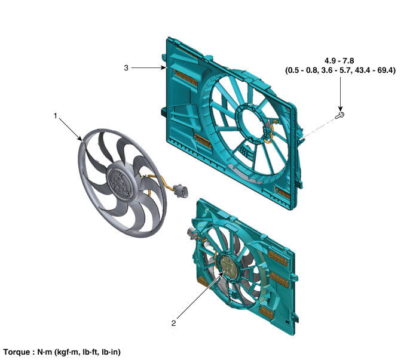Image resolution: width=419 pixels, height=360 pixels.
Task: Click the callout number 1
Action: pyautogui.click(x=56, y=116)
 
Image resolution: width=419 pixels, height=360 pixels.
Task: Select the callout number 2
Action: pyautogui.click(x=174, y=323)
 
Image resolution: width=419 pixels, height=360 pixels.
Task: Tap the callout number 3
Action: pyautogui.click(x=126, y=68)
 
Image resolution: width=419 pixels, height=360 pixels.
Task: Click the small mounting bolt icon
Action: pyautogui.click(x=340, y=115)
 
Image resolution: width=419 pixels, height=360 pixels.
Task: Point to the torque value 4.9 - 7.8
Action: pyautogui.click(x=339, y=61)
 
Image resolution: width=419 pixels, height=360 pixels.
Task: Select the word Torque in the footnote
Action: pyautogui.click(x=17, y=352)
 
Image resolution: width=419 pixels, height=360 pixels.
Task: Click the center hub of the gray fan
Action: pyautogui.click(x=119, y=183)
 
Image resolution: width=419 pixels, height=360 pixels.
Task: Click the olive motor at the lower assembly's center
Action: pyautogui.click(x=229, y=267)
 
